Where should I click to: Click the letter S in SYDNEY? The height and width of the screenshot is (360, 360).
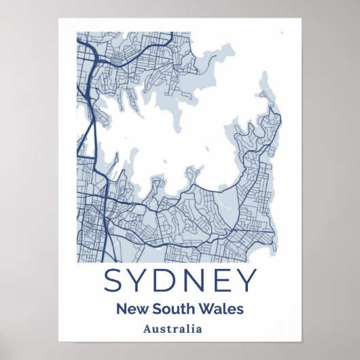pyautogui.click(x=113, y=281)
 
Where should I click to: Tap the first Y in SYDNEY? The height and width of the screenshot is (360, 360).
pyautogui.click(x=141, y=281)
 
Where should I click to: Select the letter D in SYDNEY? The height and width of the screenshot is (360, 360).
pyautogui.click(x=170, y=281)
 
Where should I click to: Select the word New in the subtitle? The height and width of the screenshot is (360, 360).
pyautogui.click(x=130, y=309)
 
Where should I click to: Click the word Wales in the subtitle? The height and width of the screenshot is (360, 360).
pyautogui.click(x=221, y=309)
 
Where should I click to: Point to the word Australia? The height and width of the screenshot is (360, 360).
pyautogui.click(x=173, y=329)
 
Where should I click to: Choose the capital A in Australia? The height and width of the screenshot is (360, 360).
pyautogui.click(x=148, y=329)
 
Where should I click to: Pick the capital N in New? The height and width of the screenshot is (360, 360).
pyautogui.click(x=122, y=309)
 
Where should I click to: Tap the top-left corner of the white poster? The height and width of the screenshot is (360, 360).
pyautogui.click(x=59, y=17)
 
